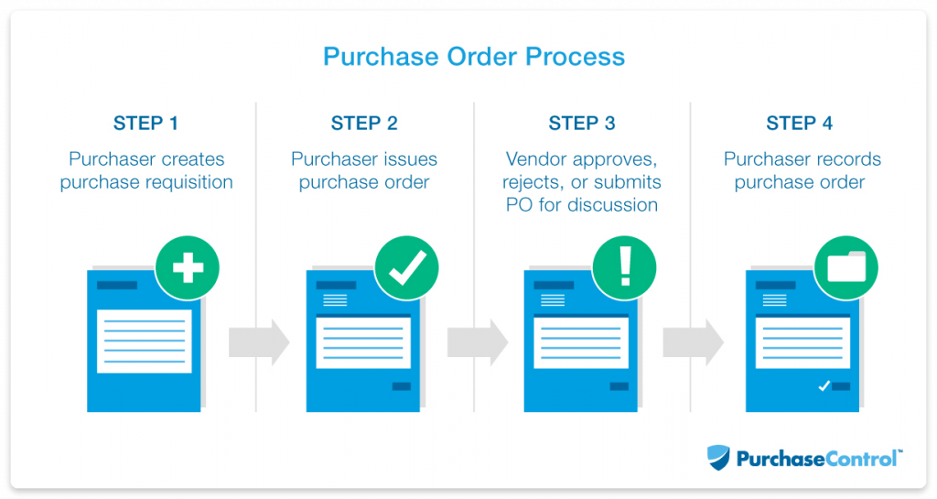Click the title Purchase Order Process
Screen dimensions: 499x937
click(474, 57)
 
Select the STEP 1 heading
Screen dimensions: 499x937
click(146, 124)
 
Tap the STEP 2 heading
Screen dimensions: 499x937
click(364, 124)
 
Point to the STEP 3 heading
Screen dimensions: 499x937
click(582, 124)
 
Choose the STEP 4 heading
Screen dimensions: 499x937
click(799, 124)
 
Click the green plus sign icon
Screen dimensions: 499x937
click(188, 268)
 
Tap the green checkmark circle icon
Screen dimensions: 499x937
click(406, 268)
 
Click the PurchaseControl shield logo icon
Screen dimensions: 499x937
click(719, 457)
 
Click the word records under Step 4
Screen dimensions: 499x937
click(847, 159)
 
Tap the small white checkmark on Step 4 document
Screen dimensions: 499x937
click(824, 386)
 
